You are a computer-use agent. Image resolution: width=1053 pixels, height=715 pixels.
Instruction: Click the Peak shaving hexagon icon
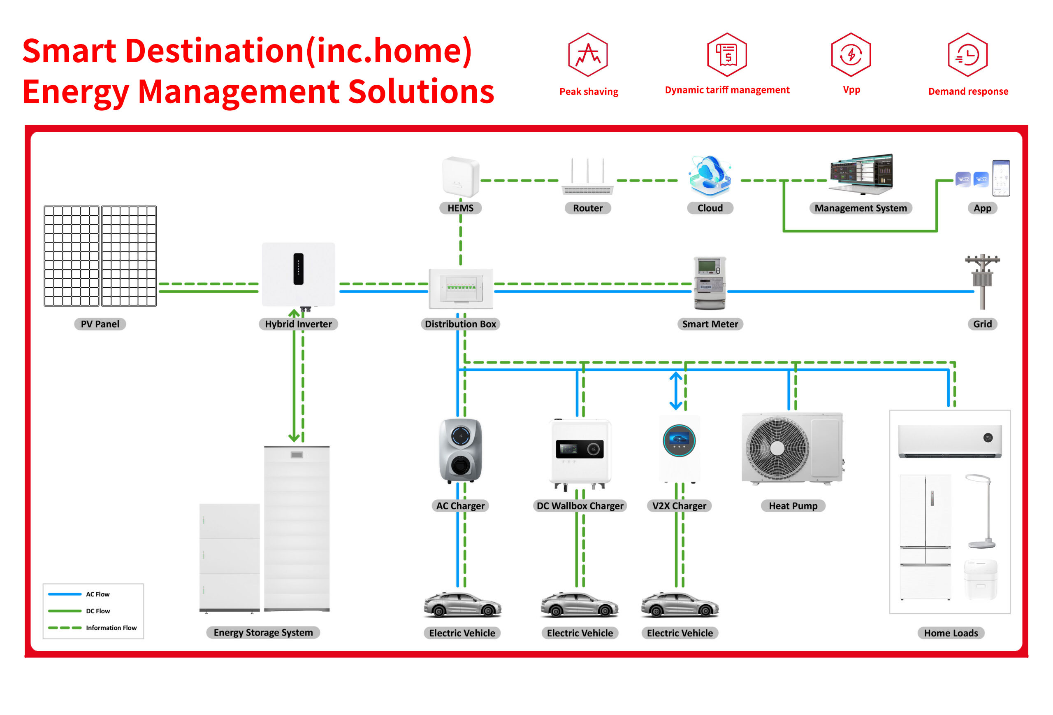(588, 54)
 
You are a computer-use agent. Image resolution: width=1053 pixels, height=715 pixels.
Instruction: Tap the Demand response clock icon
(967, 54)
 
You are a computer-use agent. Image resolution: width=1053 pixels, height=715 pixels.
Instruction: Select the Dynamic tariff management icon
(727, 54)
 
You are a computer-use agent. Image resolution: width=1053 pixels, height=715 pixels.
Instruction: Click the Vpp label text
(851, 89)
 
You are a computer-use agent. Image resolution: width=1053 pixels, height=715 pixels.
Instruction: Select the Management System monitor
(861, 174)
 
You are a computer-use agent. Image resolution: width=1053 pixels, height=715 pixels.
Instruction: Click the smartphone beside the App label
(1000, 178)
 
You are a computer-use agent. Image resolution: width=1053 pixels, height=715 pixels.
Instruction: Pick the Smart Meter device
(710, 283)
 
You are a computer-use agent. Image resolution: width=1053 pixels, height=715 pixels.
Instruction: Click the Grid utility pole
(982, 282)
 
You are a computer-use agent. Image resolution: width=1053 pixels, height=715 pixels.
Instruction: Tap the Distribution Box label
(460, 324)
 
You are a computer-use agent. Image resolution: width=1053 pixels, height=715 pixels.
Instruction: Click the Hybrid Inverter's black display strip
(298, 269)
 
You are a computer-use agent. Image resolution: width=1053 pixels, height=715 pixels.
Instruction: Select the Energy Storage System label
(263, 633)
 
